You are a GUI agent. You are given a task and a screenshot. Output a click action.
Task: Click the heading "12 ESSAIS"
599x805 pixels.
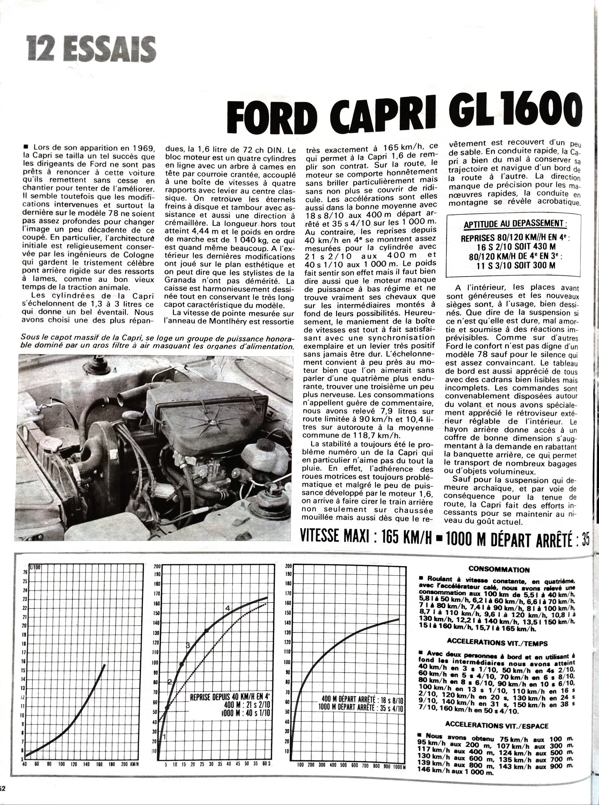coord(91,50)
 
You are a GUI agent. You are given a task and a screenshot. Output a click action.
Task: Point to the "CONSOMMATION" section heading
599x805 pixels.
coord(499,570)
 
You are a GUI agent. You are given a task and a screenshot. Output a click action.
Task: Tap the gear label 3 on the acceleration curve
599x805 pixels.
coord(188,645)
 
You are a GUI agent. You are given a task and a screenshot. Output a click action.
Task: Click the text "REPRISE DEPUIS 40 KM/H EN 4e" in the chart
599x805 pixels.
coord(231,698)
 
